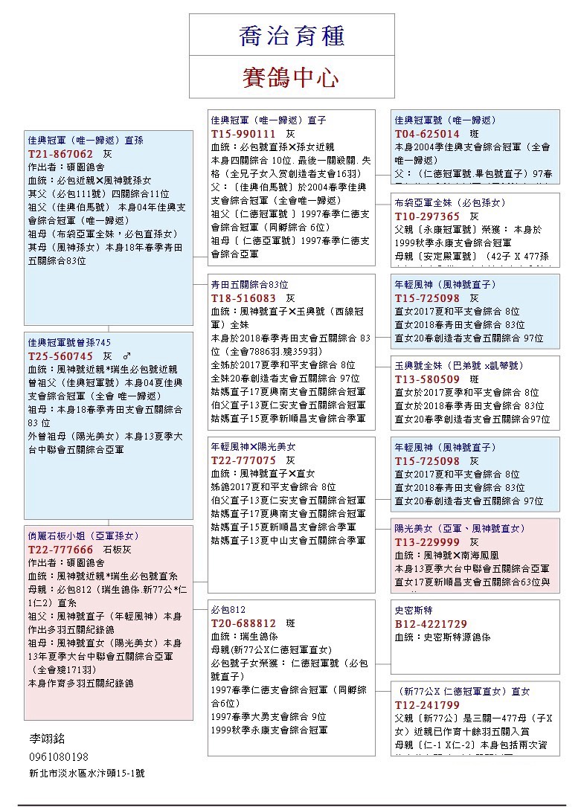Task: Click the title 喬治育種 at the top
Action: click(x=291, y=36)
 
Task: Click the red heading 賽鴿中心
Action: click(x=291, y=77)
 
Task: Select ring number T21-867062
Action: click(x=61, y=153)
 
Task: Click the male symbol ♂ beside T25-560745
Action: click(x=126, y=356)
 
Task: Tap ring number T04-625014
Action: click(x=427, y=134)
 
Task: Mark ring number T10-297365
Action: click(x=427, y=216)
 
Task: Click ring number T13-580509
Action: click(x=427, y=379)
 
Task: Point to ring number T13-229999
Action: click(x=427, y=542)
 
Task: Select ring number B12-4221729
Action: click(x=431, y=624)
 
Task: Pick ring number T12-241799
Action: click(x=427, y=705)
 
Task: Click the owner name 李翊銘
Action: click(x=47, y=739)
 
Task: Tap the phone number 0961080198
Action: click(x=58, y=756)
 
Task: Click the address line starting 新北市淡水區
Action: click(x=86, y=774)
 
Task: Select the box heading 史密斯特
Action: click(x=414, y=610)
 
